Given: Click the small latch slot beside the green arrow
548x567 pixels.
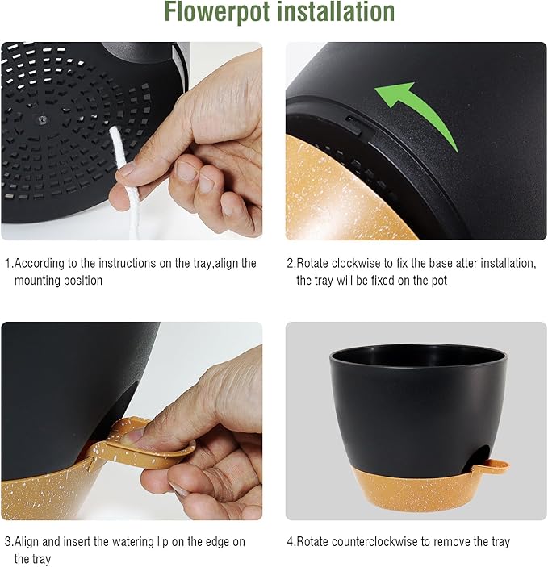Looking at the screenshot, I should (x=353, y=121).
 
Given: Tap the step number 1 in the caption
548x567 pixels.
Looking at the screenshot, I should (x=7, y=264).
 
